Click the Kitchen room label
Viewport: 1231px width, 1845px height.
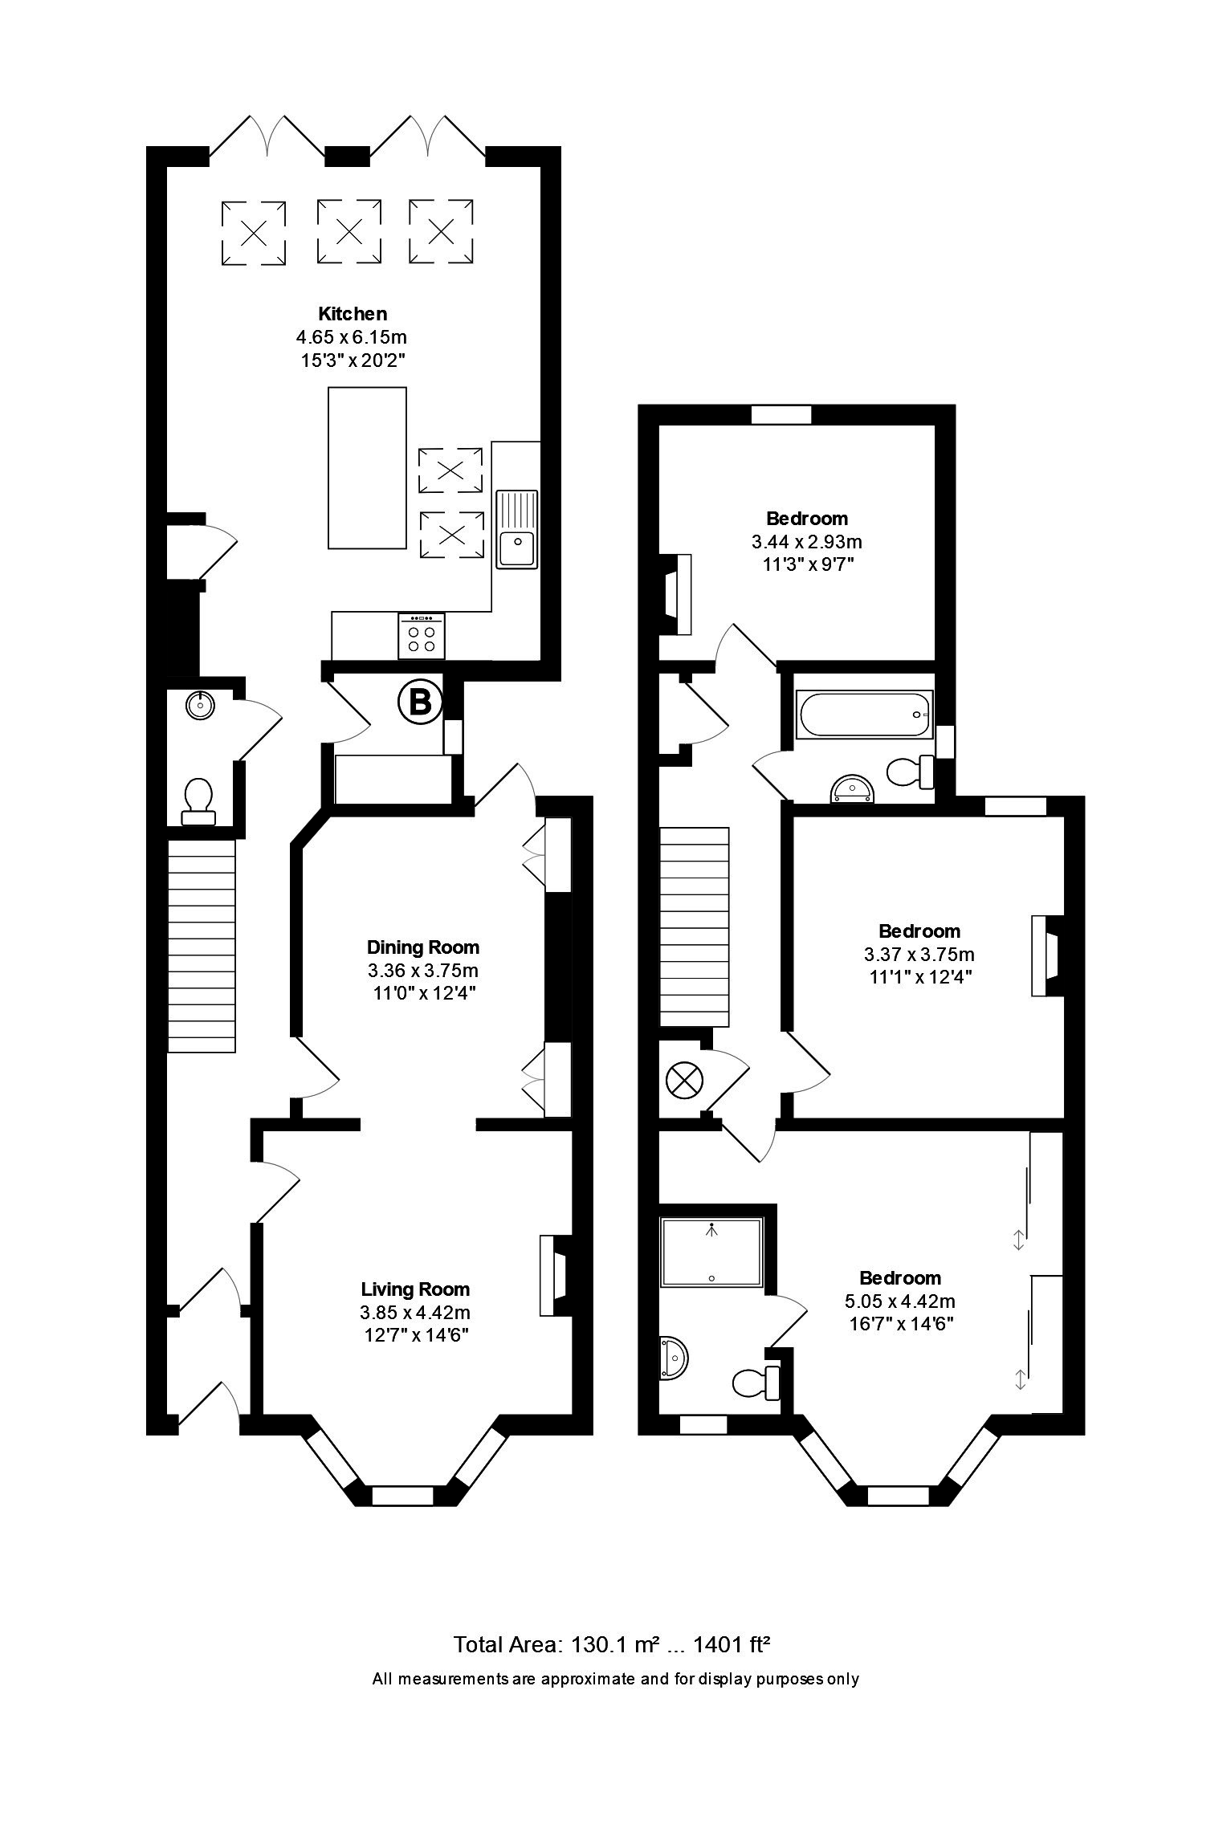coord(353,313)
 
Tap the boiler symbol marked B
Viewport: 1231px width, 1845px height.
coord(420,703)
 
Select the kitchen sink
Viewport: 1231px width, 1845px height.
coord(517,529)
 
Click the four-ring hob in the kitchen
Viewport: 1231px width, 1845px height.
coord(421,636)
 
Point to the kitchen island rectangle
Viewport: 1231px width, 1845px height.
coord(368,468)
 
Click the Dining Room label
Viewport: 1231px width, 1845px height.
coord(422,947)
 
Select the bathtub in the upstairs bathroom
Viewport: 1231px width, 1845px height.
coord(863,714)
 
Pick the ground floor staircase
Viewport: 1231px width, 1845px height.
coord(202,945)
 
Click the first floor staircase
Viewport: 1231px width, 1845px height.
coord(695,927)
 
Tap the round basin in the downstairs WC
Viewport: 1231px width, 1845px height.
coord(199,705)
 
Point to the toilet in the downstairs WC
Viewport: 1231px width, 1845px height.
coord(198,802)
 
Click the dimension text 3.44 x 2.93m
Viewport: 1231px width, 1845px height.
coord(806,542)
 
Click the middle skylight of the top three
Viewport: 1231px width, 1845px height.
coord(349,232)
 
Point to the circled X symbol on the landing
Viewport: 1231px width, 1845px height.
coord(683,1079)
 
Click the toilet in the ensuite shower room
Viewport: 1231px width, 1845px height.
coord(756,1382)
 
